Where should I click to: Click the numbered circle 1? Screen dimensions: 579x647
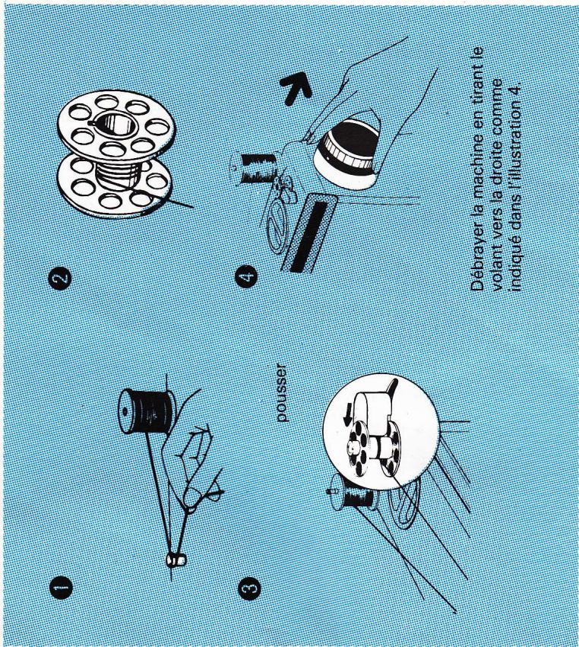[x=61, y=588]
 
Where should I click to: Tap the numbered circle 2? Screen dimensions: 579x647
[x=60, y=278]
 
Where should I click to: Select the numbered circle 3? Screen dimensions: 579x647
[x=249, y=588]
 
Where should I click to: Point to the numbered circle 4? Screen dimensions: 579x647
[x=246, y=277]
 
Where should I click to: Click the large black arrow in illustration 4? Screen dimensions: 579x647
[x=296, y=87]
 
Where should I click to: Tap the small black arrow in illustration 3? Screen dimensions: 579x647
[x=347, y=414]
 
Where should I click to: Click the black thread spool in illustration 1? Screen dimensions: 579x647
[x=147, y=411]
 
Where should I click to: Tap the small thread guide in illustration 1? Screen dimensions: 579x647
[x=176, y=560]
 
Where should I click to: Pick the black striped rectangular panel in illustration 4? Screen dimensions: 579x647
[x=309, y=233]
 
